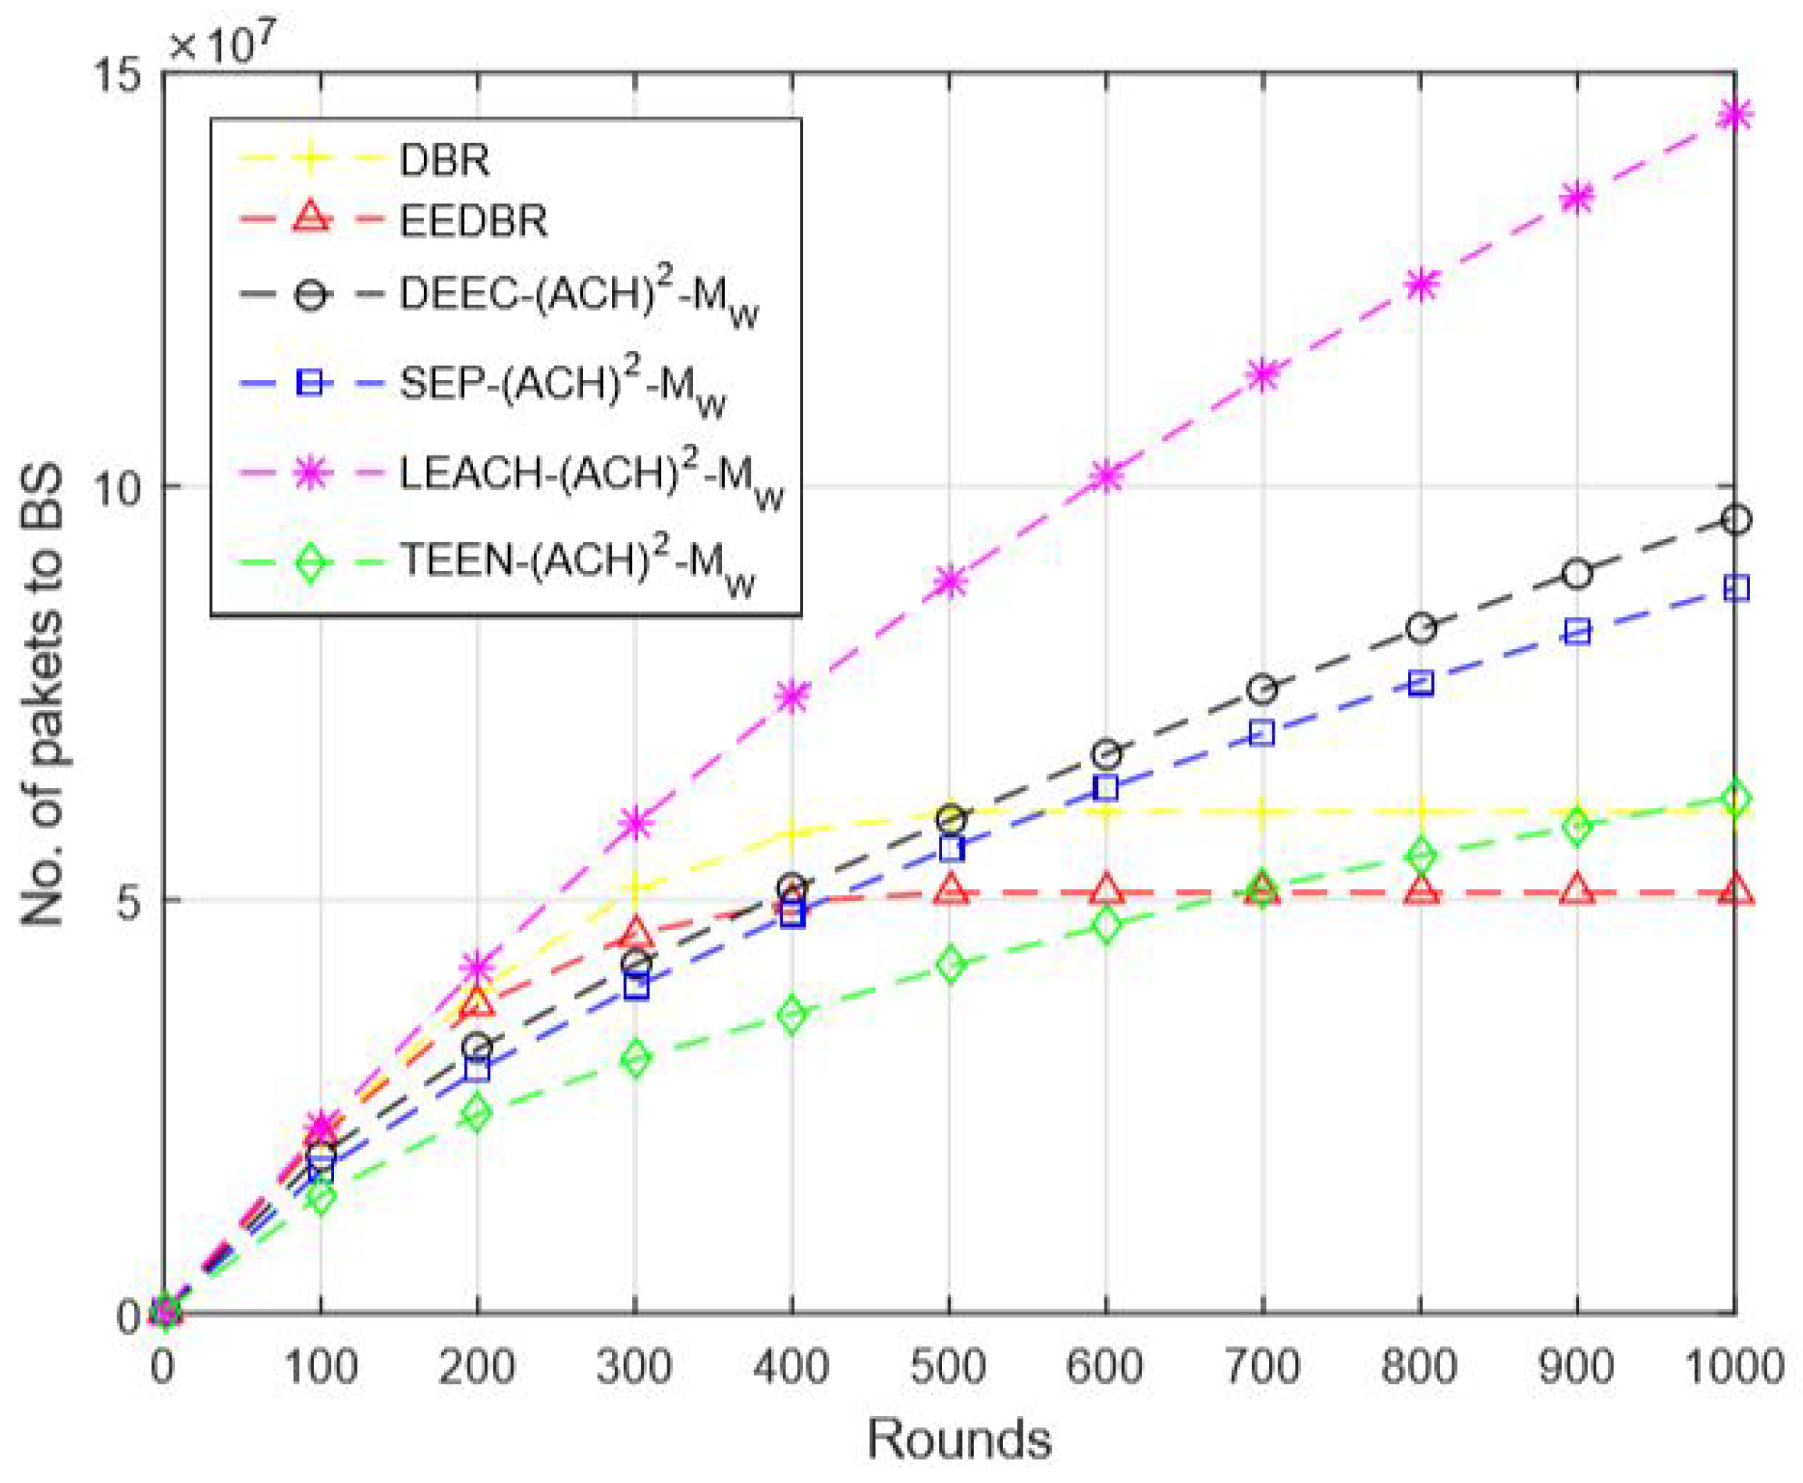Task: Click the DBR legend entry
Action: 444,161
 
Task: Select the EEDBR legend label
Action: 474,222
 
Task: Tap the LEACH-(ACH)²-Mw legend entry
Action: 589,475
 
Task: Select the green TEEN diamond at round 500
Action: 949,964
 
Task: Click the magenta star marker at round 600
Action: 1107,476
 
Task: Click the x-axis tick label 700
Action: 1263,1365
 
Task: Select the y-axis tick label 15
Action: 117,75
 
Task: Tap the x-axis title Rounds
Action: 958,1439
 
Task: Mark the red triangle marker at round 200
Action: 477,1002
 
